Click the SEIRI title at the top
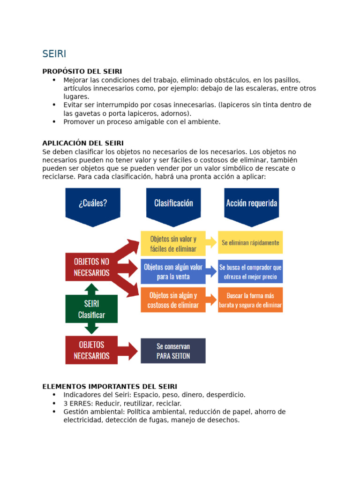[x=54, y=54]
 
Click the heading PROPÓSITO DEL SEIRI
[x=82, y=71]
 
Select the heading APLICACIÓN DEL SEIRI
[x=83, y=143]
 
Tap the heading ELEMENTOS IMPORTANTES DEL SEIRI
[x=110, y=387]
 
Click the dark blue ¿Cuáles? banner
[x=93, y=204]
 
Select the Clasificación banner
[x=173, y=203]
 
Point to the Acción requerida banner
[x=251, y=203]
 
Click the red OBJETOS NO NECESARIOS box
[x=91, y=267]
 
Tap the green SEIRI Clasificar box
[x=91, y=309]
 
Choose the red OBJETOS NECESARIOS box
[x=91, y=350]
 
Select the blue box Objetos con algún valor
[x=173, y=272]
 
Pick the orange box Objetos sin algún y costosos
[x=173, y=300]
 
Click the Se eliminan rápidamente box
[x=250, y=243]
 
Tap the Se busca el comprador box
[x=250, y=272]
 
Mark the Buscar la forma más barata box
[x=250, y=301]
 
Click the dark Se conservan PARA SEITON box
[x=173, y=351]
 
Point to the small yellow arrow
[x=211, y=242]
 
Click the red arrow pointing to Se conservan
[x=127, y=350]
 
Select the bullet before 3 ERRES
[x=54, y=404]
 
